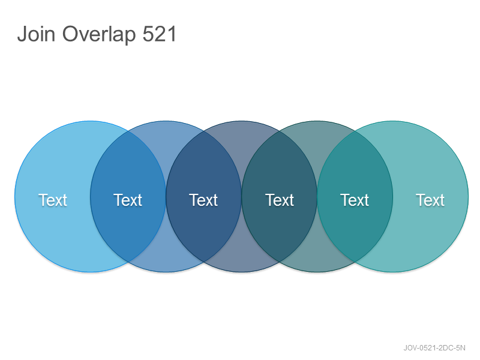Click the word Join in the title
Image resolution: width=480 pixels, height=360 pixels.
click(x=36, y=34)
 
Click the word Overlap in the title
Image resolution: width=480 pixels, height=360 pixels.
click(x=99, y=35)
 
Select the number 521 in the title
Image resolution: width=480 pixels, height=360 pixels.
click(x=160, y=34)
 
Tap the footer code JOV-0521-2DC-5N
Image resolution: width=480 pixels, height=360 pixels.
click(x=434, y=348)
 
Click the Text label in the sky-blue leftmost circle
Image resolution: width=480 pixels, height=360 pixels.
click(x=53, y=200)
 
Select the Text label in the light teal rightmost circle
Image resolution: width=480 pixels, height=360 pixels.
click(x=430, y=200)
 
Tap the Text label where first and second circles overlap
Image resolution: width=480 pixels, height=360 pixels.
click(x=128, y=200)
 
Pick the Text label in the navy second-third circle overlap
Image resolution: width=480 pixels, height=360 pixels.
click(x=203, y=200)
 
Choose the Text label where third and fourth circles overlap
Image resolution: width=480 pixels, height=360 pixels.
click(x=280, y=200)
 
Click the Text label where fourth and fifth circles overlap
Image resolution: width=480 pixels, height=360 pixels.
click(x=355, y=200)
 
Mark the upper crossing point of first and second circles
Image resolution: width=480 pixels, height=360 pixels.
click(x=128, y=131)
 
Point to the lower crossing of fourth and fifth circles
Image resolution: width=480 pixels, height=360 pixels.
click(x=355, y=262)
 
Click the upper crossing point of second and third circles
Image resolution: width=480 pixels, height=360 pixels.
click(x=203, y=131)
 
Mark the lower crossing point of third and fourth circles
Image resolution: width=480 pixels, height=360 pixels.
click(x=280, y=262)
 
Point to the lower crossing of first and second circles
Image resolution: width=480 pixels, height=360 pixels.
click(x=128, y=262)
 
